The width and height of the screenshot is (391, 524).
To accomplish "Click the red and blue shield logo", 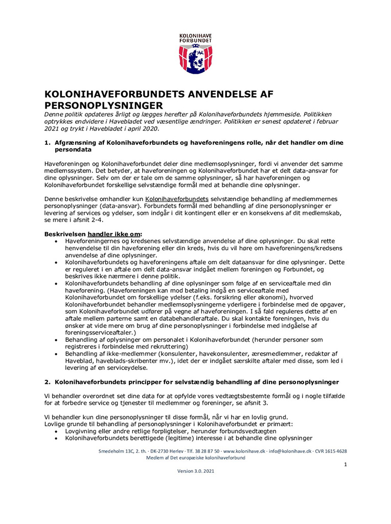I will point(195,59).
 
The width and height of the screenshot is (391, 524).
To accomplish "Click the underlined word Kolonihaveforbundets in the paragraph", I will point(177,198).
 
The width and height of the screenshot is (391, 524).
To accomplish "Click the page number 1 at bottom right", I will point(346,465).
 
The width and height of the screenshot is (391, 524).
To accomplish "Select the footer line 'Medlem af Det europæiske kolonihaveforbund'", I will point(196,458).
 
